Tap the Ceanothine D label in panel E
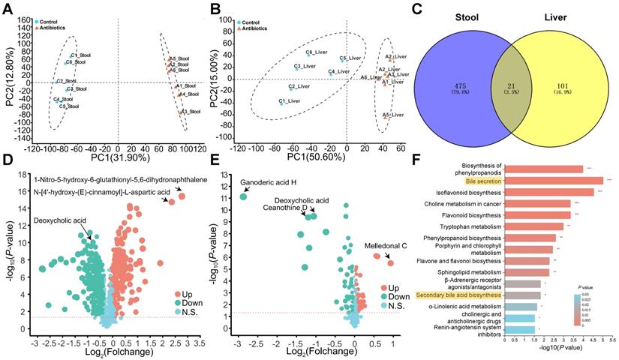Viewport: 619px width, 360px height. pyautogui.click(x=281, y=209)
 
